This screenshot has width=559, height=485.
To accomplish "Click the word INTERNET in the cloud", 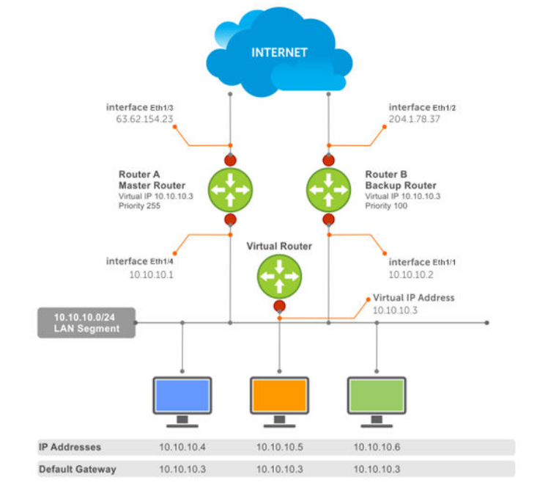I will [x=279, y=52].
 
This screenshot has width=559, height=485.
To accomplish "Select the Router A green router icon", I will [x=230, y=189].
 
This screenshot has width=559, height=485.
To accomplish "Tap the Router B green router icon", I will [x=328, y=189].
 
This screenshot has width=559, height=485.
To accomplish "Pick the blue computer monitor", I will [x=182, y=396].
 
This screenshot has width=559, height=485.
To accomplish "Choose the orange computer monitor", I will [x=279, y=396].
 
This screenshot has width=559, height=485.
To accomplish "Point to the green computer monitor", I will [x=377, y=396].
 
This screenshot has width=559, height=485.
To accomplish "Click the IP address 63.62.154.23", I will [x=144, y=119].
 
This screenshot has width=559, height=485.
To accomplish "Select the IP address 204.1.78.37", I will [x=414, y=119].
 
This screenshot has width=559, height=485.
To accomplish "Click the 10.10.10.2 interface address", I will [x=411, y=274].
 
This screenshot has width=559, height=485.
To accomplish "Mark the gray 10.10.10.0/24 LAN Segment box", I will [x=86, y=323].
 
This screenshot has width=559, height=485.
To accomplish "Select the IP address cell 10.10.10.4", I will [x=182, y=447].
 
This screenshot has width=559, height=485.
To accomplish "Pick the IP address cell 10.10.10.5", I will [x=278, y=447].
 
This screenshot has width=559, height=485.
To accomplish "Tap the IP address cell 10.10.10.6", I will [x=376, y=447].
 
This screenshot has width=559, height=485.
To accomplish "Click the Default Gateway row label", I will [x=77, y=469].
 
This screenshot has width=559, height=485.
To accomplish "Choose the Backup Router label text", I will [x=400, y=186].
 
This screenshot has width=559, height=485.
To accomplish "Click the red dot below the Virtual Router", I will [x=279, y=306].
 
